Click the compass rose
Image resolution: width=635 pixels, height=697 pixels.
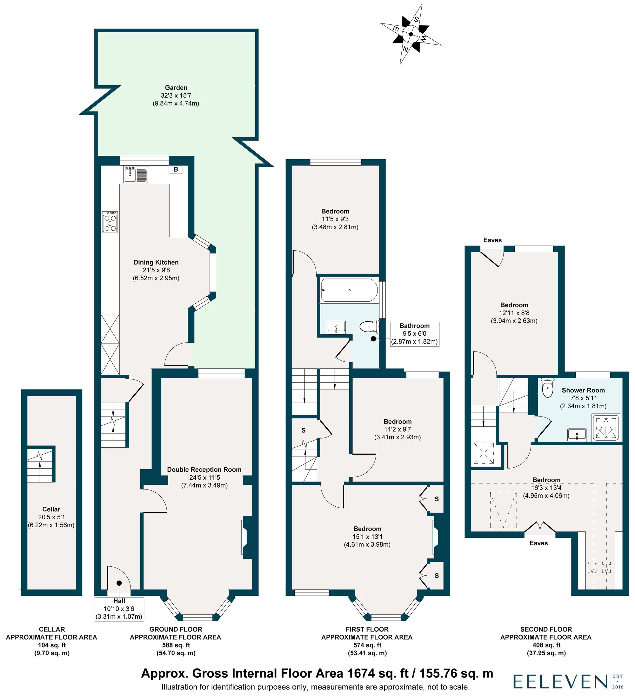point(411,34)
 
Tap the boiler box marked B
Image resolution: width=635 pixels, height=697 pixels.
point(176,169)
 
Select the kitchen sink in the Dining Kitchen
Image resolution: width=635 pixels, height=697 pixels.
point(136,174)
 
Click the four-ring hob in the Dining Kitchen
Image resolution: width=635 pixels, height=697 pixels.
point(110,222)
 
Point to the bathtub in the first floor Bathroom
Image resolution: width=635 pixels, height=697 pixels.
point(349,290)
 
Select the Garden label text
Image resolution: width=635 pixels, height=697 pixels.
point(176,88)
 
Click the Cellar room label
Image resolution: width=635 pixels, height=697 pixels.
point(51,509)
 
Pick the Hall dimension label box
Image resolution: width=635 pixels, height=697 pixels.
point(119,609)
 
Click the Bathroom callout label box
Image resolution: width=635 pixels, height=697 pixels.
point(414,334)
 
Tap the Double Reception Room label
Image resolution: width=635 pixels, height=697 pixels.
point(204,470)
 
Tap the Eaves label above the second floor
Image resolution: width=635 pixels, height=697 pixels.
point(492,240)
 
